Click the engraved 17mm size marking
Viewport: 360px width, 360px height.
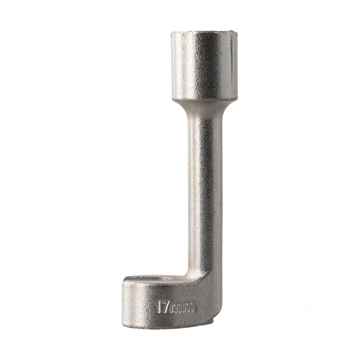click(174, 308)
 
